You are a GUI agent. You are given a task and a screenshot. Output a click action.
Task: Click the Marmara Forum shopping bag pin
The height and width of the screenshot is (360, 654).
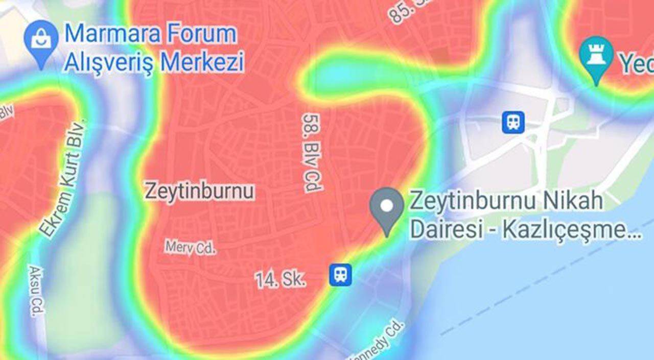click(x=41, y=39)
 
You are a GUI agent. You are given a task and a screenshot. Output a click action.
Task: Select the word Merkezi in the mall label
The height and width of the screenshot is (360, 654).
click(x=202, y=62)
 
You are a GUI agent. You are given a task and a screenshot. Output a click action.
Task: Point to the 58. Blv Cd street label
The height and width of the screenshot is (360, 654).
click(x=312, y=152)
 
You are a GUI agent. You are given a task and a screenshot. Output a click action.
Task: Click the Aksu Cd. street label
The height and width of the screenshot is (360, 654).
click(x=37, y=291)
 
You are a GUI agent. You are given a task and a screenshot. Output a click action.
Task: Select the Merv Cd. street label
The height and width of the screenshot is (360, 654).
click(x=191, y=248)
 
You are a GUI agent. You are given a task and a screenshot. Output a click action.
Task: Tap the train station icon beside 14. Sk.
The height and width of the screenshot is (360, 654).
click(x=340, y=275)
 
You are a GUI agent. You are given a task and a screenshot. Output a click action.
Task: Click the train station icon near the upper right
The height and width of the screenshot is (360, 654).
click(x=512, y=123)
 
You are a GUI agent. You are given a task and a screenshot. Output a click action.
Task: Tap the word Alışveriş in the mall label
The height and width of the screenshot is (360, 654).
click(x=107, y=62)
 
